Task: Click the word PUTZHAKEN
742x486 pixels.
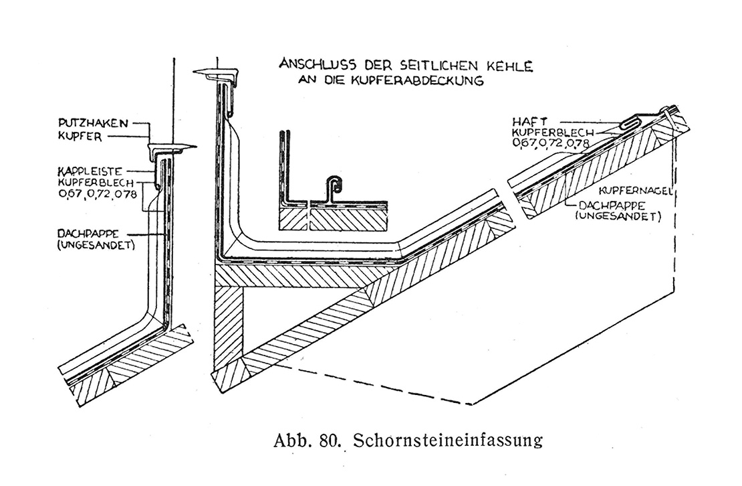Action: [93, 123]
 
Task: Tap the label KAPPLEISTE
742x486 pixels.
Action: [90, 171]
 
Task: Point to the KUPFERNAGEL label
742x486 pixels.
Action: [636, 191]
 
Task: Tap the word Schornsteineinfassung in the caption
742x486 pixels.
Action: [448, 440]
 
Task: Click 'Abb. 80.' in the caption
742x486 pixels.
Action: [307, 440]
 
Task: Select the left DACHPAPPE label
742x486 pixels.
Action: [88, 234]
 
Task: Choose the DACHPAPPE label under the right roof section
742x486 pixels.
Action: [611, 207]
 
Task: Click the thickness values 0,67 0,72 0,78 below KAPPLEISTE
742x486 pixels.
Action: [98, 193]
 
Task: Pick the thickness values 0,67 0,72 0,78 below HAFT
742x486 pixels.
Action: [551, 143]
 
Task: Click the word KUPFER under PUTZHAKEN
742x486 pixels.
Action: [80, 137]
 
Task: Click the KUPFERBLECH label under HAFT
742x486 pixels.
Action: [553, 133]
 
